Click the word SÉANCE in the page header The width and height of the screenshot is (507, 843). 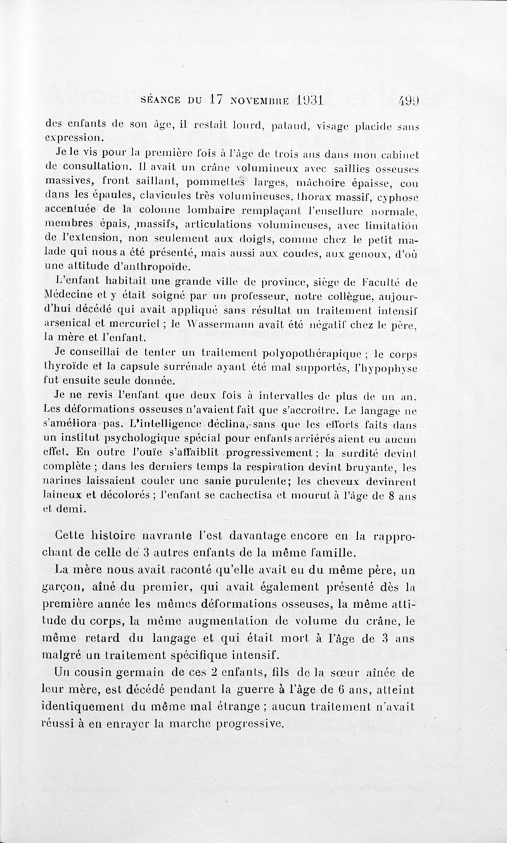point(158,99)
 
